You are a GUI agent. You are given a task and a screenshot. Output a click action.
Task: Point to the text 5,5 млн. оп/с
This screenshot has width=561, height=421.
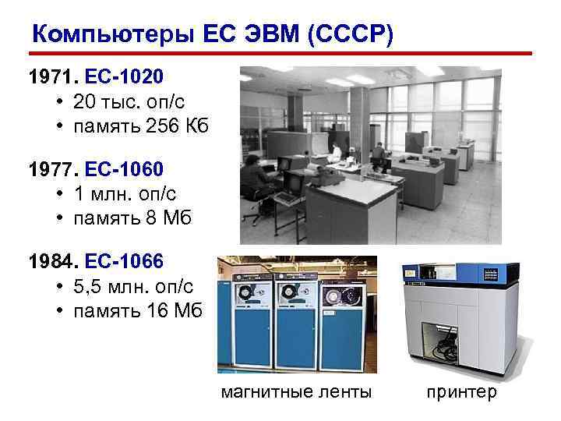point(133,285)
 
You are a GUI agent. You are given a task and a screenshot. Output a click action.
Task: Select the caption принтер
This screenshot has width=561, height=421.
point(460,392)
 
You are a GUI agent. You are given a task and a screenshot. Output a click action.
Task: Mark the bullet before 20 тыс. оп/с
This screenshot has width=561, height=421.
point(60,103)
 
